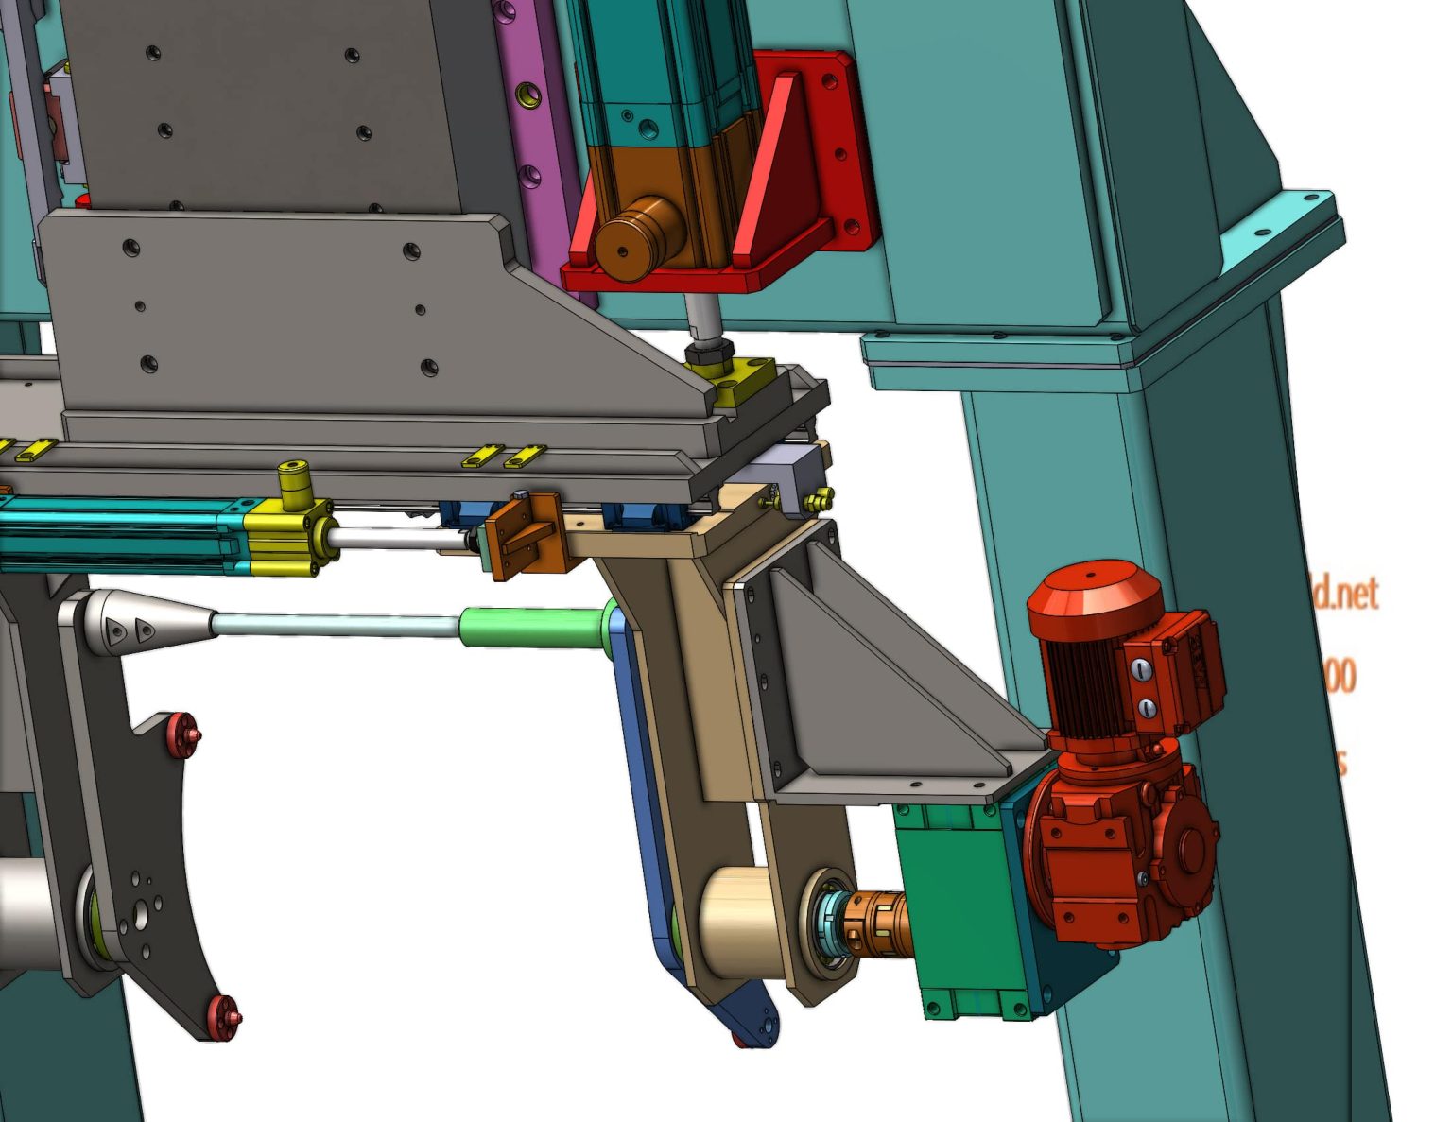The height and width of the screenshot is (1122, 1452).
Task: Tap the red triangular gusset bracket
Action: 775,170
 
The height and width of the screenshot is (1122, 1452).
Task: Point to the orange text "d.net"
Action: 1346,594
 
